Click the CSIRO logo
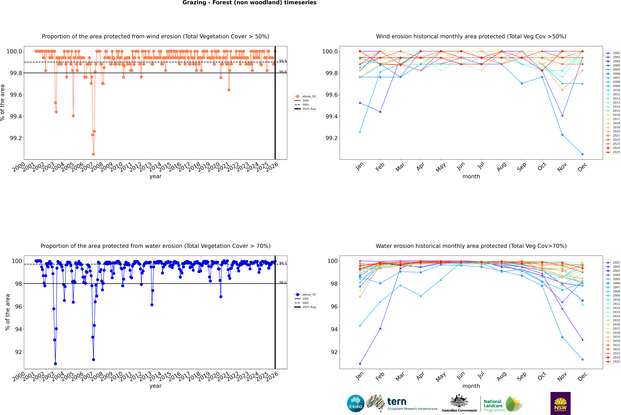[356, 403]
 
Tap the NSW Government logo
[560, 403]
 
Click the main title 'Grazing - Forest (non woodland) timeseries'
[249, 3]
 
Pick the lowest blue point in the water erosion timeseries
[55, 364]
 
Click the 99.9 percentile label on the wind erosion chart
[283, 61]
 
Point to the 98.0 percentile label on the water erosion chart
[283, 282]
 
